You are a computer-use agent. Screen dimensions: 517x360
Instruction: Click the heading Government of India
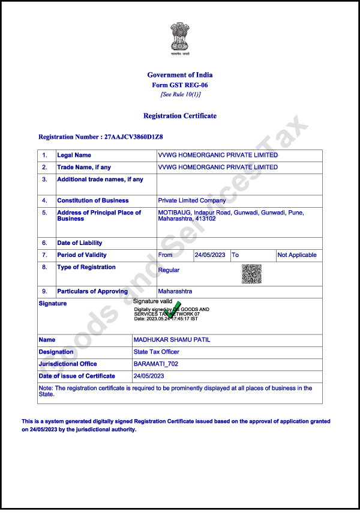180,75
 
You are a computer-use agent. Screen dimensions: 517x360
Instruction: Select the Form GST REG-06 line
180,85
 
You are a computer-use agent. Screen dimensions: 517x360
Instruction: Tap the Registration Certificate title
180,116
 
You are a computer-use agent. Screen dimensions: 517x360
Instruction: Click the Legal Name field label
74,156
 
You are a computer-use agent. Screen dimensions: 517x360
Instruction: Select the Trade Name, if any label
84,168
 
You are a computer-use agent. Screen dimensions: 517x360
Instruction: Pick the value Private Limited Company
192,201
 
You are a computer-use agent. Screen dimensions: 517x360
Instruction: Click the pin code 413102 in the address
205,219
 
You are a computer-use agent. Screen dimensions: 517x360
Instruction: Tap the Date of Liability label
80,243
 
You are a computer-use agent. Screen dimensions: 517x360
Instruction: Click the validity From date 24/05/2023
210,255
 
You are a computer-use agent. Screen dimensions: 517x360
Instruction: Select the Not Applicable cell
297,255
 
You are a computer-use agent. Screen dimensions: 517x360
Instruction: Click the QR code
251,274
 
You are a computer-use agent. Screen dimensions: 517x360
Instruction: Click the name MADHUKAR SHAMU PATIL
172,340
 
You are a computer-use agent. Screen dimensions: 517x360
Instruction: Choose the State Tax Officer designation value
156,352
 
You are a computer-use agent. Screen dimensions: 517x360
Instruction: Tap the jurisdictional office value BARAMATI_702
156,364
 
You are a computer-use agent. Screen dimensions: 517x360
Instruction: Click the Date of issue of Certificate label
77,376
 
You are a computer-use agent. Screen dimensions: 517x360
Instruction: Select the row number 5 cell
44,213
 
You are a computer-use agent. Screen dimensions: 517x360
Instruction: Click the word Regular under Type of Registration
169,270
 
